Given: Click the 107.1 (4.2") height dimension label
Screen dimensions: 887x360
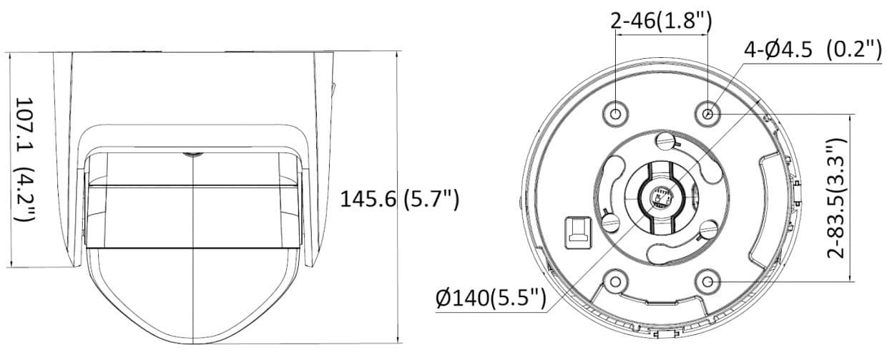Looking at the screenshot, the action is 25,160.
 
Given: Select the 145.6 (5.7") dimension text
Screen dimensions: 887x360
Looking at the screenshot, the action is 400,199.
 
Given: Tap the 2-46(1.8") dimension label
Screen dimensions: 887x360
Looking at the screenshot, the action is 661,21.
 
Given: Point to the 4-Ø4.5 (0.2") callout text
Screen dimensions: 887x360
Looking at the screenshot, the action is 813,50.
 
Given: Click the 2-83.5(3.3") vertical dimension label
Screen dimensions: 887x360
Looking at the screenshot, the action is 835,198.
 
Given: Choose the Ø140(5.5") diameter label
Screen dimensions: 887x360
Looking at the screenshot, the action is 491,298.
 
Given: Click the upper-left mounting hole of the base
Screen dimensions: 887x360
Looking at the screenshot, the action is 615,115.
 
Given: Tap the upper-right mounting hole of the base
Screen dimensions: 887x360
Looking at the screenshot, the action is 708,115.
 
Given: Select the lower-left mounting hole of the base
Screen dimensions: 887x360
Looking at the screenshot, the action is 615,281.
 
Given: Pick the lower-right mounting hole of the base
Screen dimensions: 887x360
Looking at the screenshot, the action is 708,281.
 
